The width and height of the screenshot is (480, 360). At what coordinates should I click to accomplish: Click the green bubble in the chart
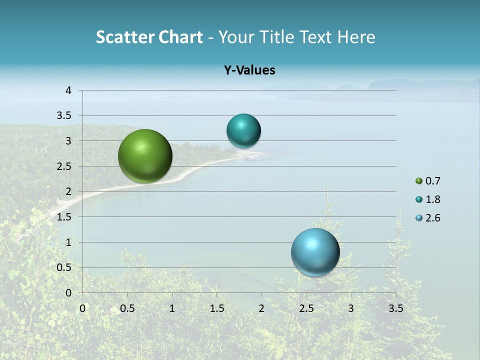[x=145, y=156]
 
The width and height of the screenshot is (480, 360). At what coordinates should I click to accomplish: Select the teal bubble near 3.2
[x=243, y=130]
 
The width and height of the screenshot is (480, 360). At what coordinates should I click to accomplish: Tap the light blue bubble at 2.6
[x=315, y=252]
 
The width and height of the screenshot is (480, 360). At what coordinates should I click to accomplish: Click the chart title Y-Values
[x=249, y=70]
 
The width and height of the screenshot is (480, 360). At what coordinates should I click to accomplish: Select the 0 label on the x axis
[x=82, y=308]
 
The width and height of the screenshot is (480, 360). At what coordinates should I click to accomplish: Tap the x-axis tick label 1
[x=172, y=308]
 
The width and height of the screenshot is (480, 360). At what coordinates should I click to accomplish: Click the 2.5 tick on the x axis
[x=306, y=308]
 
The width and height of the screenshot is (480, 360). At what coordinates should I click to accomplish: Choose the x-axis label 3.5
[x=395, y=308]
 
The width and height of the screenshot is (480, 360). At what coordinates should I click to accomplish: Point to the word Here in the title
[x=356, y=37]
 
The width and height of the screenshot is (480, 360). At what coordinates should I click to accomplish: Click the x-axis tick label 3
[x=351, y=308]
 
